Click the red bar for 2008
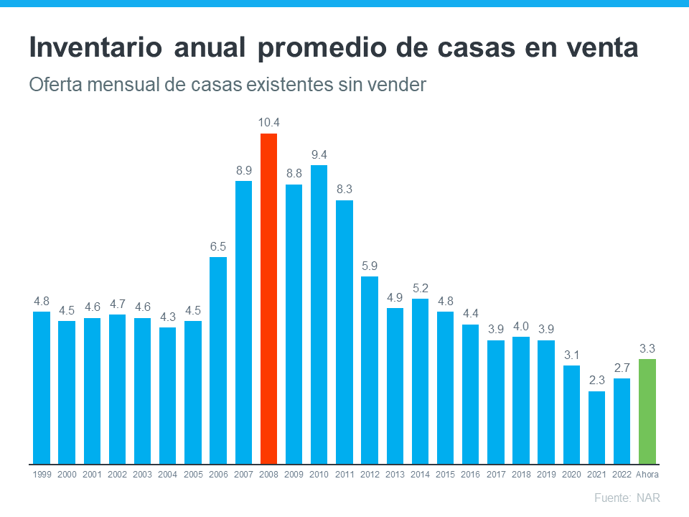point(268,298)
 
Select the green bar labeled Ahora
point(647,411)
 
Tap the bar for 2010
point(319,314)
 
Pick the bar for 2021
point(596,427)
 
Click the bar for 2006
point(218,360)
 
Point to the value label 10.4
point(268,122)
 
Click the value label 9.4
point(319,154)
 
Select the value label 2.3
point(596,381)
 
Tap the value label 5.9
point(370,266)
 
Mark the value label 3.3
point(647,348)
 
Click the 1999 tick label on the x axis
point(42,475)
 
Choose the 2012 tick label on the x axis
point(370,475)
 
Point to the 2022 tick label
point(622,475)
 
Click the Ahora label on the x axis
point(647,475)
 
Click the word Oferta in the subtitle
point(53,85)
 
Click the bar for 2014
point(420,381)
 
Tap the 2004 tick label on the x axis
point(167,475)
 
